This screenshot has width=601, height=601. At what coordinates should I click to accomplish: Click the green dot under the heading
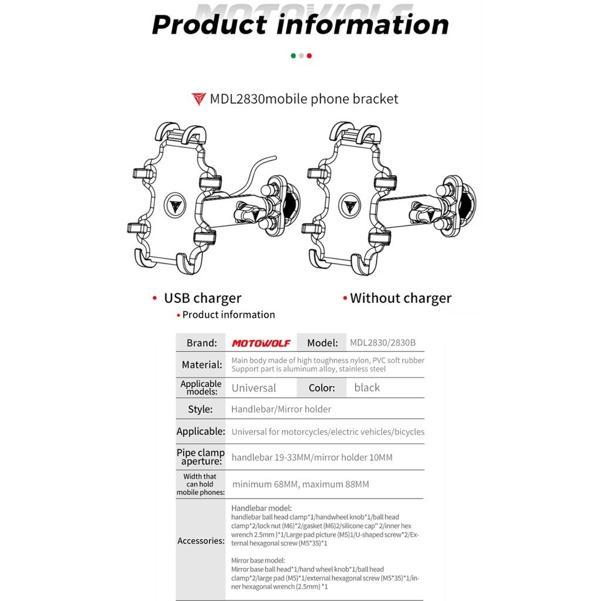293,56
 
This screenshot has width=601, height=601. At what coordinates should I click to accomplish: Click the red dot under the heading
309,56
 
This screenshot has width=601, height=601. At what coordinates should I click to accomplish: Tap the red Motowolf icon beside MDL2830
199,99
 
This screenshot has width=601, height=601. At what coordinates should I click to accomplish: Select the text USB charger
202,298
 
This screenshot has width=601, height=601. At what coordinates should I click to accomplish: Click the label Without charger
400,298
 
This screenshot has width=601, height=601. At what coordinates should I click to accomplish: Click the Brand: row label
201,343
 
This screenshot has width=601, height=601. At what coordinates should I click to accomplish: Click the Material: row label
201,364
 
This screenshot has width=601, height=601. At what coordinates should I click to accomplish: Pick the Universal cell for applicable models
254,388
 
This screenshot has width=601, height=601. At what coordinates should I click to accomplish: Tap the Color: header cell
322,388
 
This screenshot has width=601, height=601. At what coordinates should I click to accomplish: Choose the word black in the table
367,388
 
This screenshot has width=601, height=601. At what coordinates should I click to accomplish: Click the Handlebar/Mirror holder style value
281,409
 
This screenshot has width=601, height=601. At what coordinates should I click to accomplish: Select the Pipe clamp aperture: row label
201,457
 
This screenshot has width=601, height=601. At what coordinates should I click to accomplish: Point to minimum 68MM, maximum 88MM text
300,485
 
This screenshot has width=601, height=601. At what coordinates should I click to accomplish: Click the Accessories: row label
201,541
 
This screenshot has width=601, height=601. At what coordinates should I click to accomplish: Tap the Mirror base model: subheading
258,561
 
